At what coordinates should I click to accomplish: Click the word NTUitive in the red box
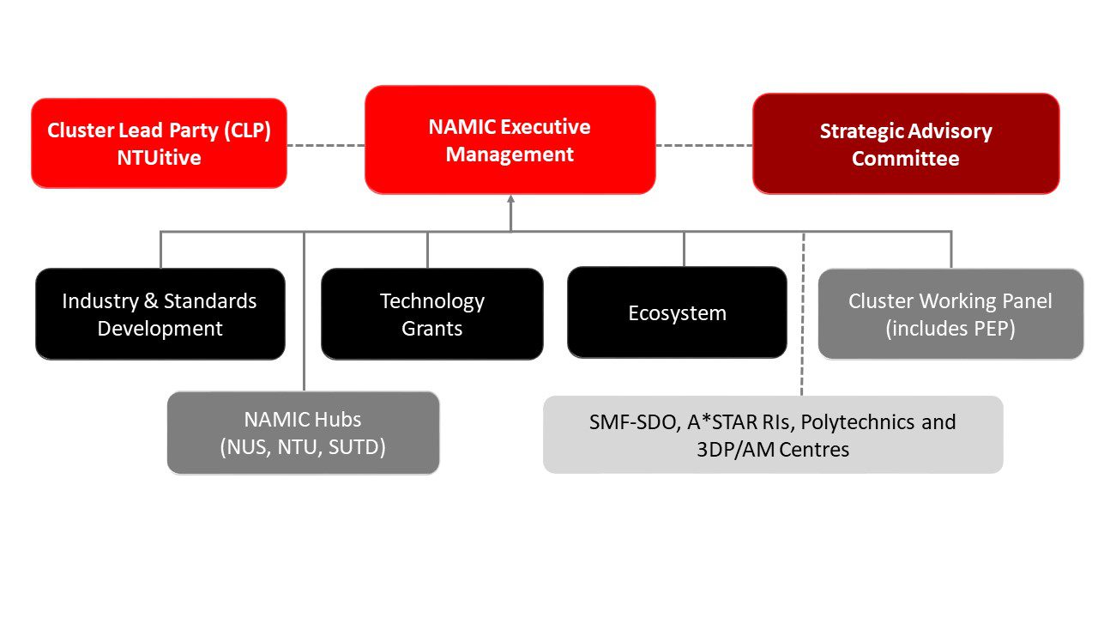[x=159, y=158]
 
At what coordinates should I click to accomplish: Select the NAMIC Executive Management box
[x=510, y=140]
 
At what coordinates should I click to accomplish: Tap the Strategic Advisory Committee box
[x=906, y=143]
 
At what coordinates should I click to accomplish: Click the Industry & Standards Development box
[x=160, y=314]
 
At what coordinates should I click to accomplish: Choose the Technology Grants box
[x=431, y=314]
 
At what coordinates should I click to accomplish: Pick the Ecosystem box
[x=677, y=312]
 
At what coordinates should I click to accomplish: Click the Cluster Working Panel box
[x=950, y=314]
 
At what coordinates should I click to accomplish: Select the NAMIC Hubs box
[x=303, y=433]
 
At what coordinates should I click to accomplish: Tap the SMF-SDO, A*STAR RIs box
[x=773, y=434]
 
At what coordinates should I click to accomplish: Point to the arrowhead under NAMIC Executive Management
[x=510, y=198]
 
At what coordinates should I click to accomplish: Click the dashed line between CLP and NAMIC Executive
[x=326, y=145]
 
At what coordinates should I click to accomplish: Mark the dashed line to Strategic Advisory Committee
[x=704, y=145]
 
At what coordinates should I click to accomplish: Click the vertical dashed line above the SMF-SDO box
[x=803, y=314]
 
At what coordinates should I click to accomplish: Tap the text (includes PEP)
[x=950, y=329]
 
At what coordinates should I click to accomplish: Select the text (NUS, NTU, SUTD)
[x=303, y=447]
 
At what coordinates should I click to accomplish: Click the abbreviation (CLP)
[x=248, y=130]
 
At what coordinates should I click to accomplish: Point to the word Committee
[x=905, y=159]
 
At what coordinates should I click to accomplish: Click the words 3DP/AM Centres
[x=773, y=449]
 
